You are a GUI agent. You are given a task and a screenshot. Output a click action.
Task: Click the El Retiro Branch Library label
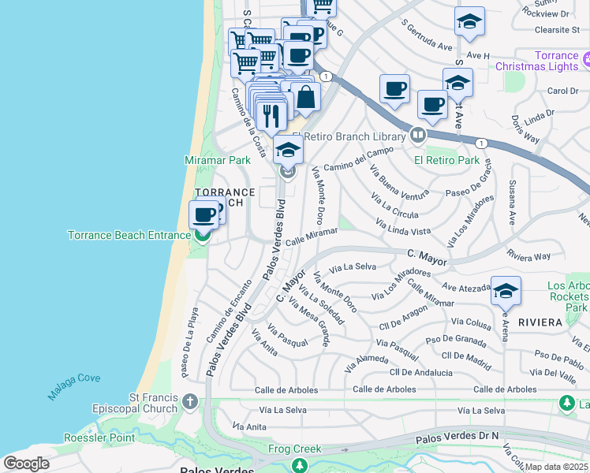(x=349, y=136)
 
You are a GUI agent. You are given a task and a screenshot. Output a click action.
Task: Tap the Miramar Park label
(x=217, y=160)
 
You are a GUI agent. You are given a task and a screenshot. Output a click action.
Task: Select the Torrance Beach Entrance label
(x=129, y=235)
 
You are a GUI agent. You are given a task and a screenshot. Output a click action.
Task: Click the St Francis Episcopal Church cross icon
(x=189, y=402)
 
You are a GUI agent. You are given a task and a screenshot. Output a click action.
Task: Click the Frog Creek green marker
(x=300, y=465)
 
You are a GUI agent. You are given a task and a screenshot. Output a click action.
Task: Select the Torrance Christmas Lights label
(x=536, y=61)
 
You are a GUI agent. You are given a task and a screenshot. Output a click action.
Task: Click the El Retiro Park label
(x=447, y=160)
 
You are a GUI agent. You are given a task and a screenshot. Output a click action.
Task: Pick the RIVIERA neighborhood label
(x=540, y=322)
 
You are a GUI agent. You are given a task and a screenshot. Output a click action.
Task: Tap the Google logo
(x=26, y=464)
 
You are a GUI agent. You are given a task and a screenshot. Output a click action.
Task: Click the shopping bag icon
(x=306, y=98)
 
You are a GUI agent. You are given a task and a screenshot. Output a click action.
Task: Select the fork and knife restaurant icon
(x=271, y=115)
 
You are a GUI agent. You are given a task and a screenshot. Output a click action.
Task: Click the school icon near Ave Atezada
(x=505, y=291)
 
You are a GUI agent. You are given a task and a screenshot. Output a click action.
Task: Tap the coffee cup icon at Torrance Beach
(x=204, y=214)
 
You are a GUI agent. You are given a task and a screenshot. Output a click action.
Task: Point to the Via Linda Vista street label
(x=403, y=229)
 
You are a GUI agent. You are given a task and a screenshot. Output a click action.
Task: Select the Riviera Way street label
(x=529, y=256)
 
